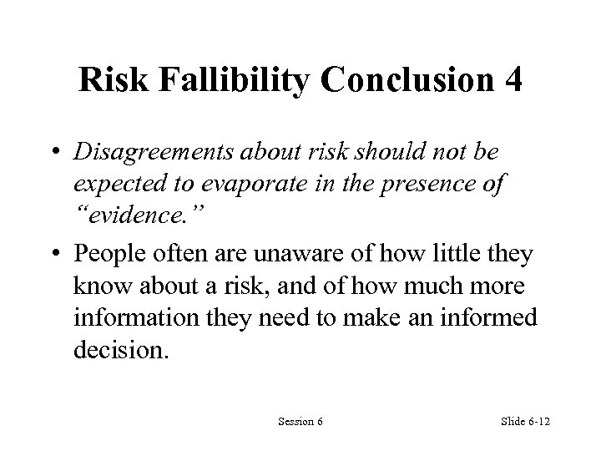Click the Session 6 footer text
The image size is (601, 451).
click(300, 422)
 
